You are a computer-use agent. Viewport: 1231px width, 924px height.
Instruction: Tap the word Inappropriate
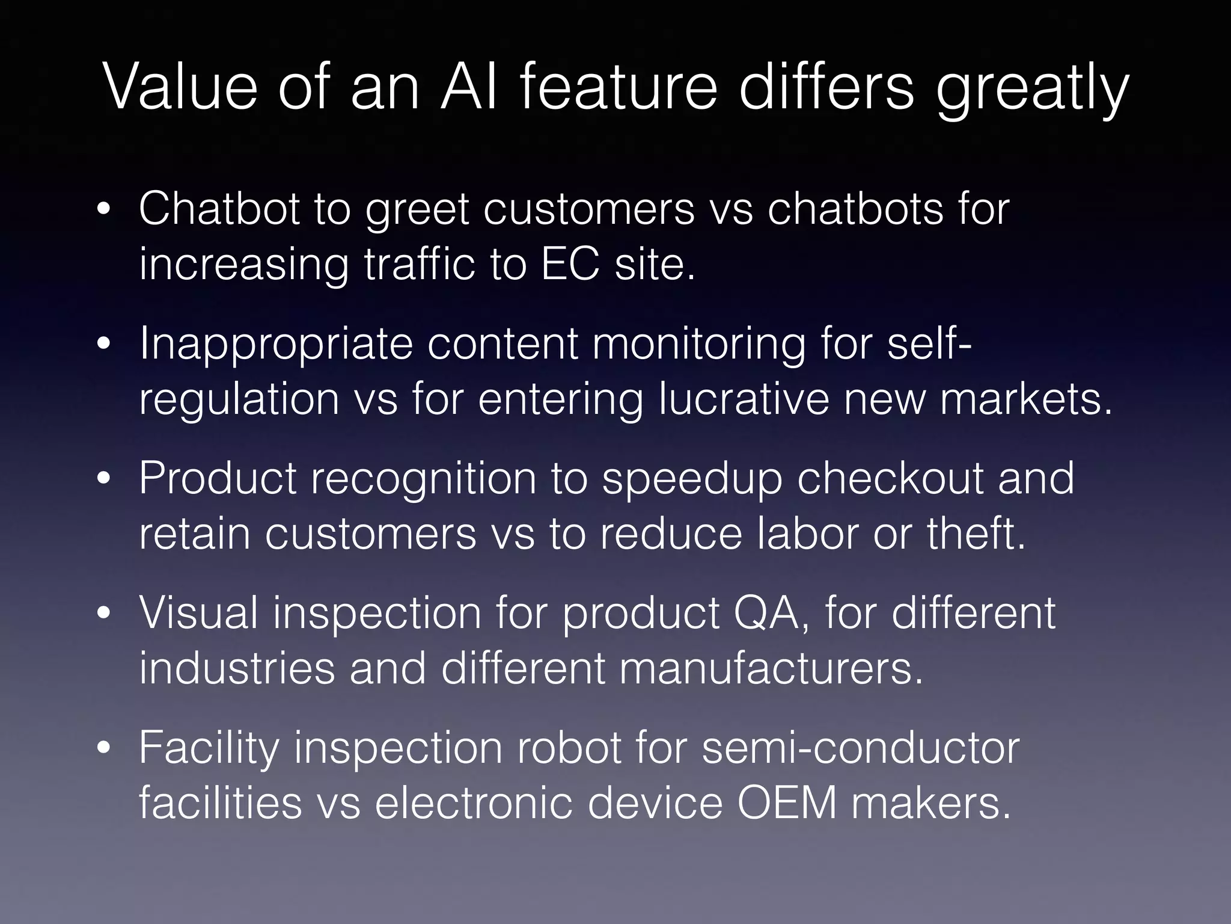click(276, 344)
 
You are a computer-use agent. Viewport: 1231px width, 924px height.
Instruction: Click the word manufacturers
click(771, 668)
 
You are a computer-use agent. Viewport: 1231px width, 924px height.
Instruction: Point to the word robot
click(569, 748)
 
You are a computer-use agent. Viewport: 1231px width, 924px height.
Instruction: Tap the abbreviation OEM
click(787, 803)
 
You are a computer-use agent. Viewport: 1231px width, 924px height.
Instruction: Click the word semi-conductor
click(860, 748)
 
